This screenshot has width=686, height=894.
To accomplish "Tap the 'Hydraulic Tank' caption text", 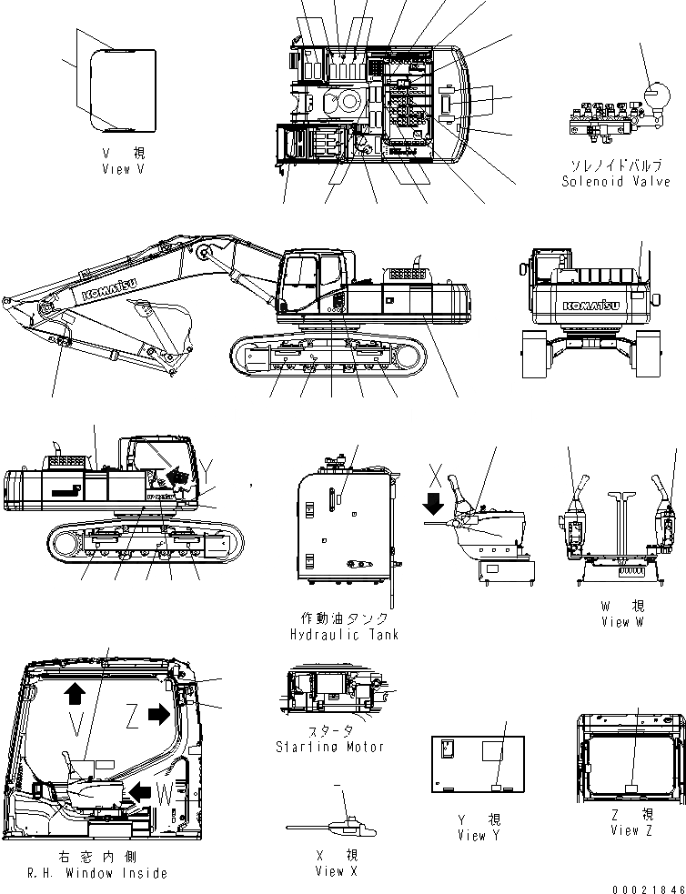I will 344,634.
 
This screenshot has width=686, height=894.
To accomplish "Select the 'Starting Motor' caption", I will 329,747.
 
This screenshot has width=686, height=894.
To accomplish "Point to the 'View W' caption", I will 622,622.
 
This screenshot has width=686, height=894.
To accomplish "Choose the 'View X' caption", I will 336,871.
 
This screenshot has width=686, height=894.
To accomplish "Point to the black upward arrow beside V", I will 75,694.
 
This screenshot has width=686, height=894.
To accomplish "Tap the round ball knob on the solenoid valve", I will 655,95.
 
